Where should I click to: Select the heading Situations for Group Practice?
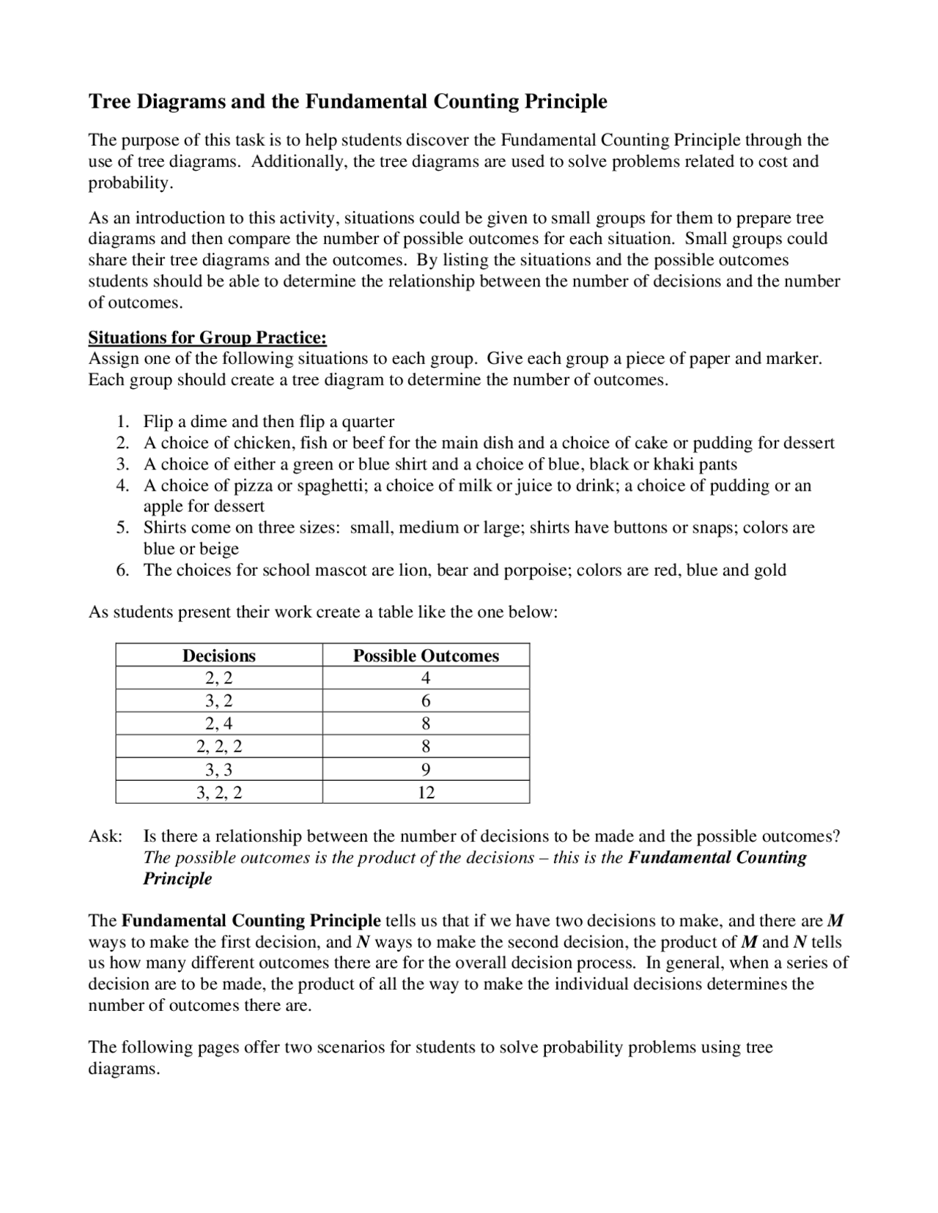pos(207,338)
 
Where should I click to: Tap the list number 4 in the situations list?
pos(122,486)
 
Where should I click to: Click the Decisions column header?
pos(219,656)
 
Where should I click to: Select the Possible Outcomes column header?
pos(426,656)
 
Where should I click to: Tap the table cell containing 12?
pos(426,793)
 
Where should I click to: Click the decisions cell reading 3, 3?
pos(219,770)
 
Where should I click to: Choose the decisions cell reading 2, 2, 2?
pos(219,746)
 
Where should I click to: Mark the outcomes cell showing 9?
pos(426,770)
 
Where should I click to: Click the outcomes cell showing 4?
pos(426,678)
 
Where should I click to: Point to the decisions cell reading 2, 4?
pos(219,724)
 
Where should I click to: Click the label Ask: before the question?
pos(106,837)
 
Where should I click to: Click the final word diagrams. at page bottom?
pos(124,1069)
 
